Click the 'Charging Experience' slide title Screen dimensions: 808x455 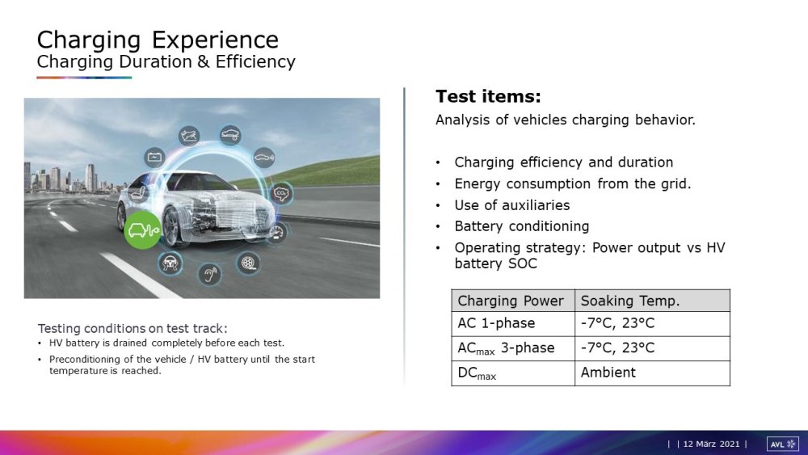point(158,40)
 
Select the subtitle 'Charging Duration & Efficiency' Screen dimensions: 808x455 point(166,61)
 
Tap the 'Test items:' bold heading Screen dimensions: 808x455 point(488,96)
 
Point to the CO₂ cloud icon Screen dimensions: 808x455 point(281,194)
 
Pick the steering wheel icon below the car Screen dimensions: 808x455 point(170,263)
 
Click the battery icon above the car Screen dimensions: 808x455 point(154,157)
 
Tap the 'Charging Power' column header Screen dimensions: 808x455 point(511,301)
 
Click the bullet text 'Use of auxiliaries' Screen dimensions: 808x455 point(511,205)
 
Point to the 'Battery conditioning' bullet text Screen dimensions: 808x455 point(521,226)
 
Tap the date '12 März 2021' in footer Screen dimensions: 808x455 point(711,444)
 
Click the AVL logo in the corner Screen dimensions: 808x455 point(783,444)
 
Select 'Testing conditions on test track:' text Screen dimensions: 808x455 point(133,328)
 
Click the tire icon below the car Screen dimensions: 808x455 point(248,263)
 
